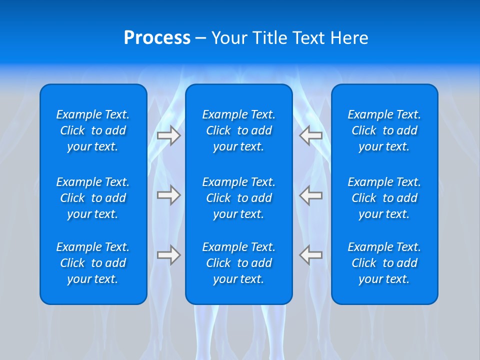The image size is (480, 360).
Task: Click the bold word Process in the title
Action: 157,38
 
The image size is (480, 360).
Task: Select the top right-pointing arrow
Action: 168,135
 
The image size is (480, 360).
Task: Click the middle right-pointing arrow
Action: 168,195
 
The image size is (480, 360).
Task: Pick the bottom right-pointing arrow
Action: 168,255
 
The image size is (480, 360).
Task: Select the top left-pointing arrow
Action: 311,135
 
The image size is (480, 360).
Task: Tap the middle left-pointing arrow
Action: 311,195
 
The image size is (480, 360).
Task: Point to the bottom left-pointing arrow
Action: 311,255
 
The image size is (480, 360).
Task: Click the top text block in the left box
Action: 93,130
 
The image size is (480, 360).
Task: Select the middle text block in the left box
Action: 93,198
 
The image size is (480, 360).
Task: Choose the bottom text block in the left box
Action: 93,263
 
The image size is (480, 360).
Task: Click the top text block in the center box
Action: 238,130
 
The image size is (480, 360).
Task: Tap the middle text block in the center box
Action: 238,198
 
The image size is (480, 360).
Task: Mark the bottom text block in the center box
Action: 238,263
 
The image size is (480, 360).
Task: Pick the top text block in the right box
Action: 384,130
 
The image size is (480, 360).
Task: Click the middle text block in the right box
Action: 384,198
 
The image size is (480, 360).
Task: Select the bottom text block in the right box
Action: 384,263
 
